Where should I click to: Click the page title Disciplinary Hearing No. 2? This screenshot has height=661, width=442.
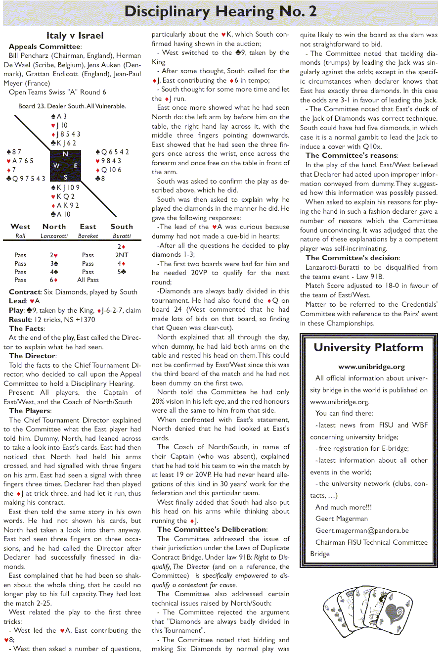pos(221,12)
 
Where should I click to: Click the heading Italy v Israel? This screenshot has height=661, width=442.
pos(75,35)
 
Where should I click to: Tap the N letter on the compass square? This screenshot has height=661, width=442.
pos(65,154)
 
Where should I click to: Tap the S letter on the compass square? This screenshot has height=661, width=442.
pos(65,177)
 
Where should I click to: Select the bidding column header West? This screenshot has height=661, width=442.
pos(20,227)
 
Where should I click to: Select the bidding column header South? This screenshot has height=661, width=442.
pos(122,227)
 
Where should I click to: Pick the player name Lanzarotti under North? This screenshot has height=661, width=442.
pos(54,236)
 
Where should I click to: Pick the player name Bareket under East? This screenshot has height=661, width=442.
pos(88,236)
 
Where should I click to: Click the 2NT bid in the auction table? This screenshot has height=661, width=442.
pos(122,255)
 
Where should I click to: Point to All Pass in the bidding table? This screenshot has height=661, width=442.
pos(88,280)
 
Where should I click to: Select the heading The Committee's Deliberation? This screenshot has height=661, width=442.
pos(212,529)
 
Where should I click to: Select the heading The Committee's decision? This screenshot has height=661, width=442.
pos(352,258)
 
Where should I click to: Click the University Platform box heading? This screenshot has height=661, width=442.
pos(368,347)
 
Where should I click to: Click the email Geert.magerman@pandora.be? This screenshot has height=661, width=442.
pos(362,530)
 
